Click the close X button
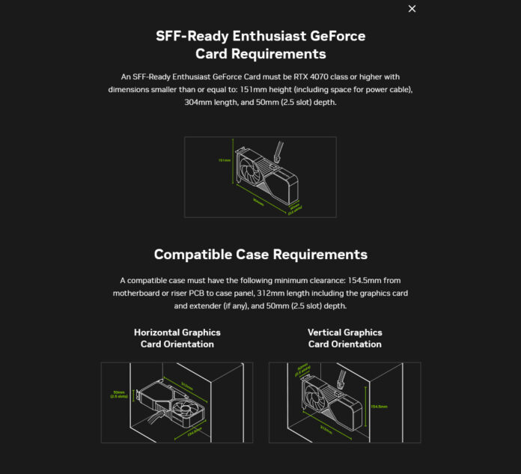point(412,9)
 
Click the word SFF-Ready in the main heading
point(190,36)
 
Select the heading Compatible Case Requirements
point(260,254)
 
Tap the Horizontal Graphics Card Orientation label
point(177,338)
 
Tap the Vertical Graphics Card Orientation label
point(344,338)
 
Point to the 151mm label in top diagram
point(223,160)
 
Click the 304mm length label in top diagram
point(258,201)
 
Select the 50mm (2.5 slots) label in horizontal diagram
point(118,394)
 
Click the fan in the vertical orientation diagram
point(316,396)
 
